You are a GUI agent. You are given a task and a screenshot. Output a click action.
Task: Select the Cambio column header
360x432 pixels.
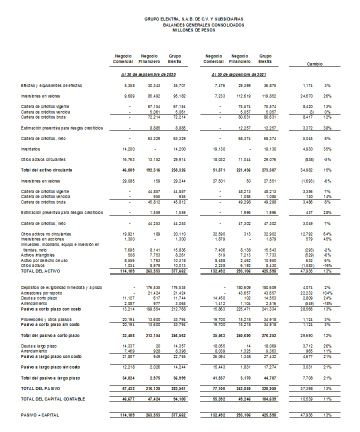click(x=314, y=64)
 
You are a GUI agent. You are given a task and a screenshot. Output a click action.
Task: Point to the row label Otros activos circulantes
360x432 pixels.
click(x=43, y=159)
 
